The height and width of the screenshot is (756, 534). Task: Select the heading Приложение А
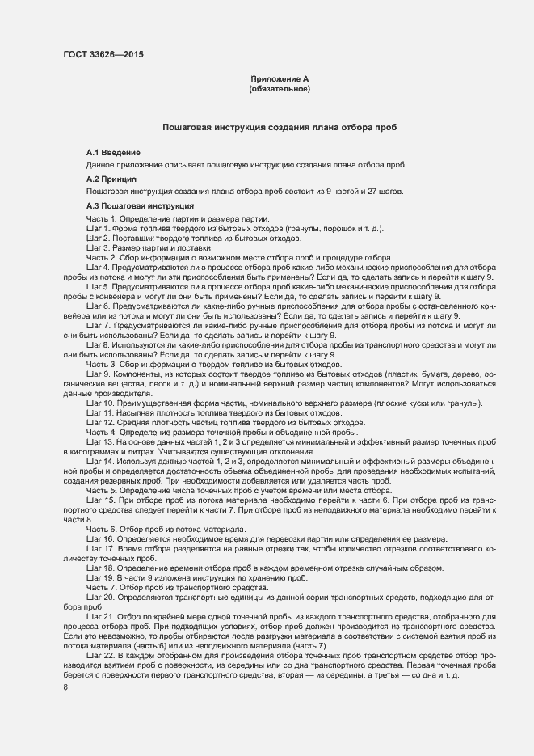(280, 78)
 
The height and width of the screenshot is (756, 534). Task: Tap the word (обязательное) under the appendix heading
(280, 88)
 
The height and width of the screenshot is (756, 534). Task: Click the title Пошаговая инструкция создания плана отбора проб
(280, 128)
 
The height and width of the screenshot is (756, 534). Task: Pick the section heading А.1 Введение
(114, 153)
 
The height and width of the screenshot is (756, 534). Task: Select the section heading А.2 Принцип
(111, 178)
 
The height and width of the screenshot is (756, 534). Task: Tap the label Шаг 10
(99, 403)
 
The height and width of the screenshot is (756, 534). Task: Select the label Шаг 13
(99, 442)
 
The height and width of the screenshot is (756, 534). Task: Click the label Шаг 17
(99, 547)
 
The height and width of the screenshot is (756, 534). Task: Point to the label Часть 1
(102, 219)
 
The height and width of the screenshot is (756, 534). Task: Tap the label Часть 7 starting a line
(102, 587)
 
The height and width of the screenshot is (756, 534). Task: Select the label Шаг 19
(99, 577)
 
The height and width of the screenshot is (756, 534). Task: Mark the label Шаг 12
(99, 422)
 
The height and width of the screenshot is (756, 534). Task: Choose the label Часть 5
(102, 490)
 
